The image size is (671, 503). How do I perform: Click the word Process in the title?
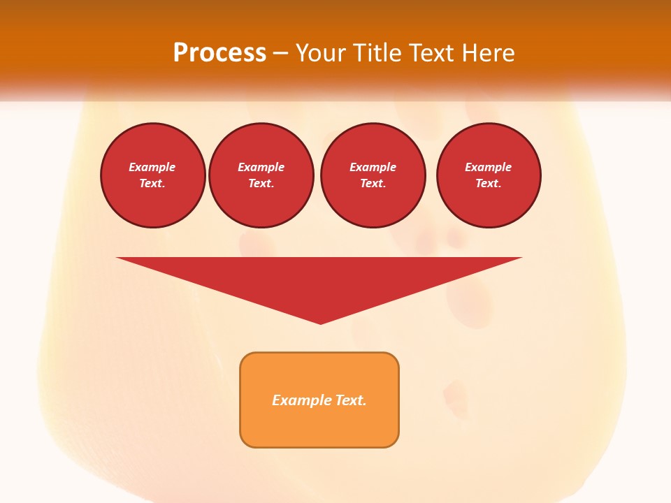click(219, 53)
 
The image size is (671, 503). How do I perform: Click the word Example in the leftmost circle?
click(152, 167)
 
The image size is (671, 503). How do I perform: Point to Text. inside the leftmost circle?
click(152, 183)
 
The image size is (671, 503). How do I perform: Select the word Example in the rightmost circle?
click(489, 167)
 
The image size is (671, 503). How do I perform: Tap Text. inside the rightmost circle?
click(489, 183)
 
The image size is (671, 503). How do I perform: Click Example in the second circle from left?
click(261, 167)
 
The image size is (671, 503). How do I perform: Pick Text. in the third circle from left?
click(373, 183)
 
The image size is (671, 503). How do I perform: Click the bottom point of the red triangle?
click(320, 322)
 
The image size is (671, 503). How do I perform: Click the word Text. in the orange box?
click(351, 400)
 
